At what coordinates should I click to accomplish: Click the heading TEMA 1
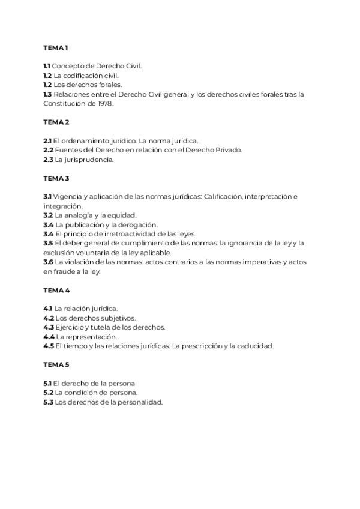pyautogui.click(x=56, y=47)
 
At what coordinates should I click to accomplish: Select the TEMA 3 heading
pyautogui.click(x=56, y=178)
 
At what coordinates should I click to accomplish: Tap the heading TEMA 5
pyautogui.click(x=56, y=364)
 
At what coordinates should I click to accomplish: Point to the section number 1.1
pyautogui.click(x=47, y=66)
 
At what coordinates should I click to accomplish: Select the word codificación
pyautogui.click(x=80, y=76)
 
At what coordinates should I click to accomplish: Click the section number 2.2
pyautogui.click(x=49, y=150)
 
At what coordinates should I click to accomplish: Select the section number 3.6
pyautogui.click(x=49, y=262)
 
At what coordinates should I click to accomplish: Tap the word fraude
pyautogui.click(x=64, y=271)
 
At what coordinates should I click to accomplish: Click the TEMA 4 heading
pyautogui.click(x=56, y=290)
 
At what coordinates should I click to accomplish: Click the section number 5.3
pyautogui.click(x=48, y=402)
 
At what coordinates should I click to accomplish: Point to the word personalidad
pyautogui.click(x=140, y=402)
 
